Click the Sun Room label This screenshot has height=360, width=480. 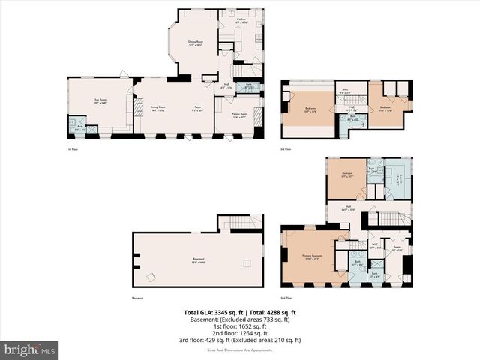pos(99,100)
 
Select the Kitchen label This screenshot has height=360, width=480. pos(241,21)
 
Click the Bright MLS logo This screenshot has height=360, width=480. pos(30,349)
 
